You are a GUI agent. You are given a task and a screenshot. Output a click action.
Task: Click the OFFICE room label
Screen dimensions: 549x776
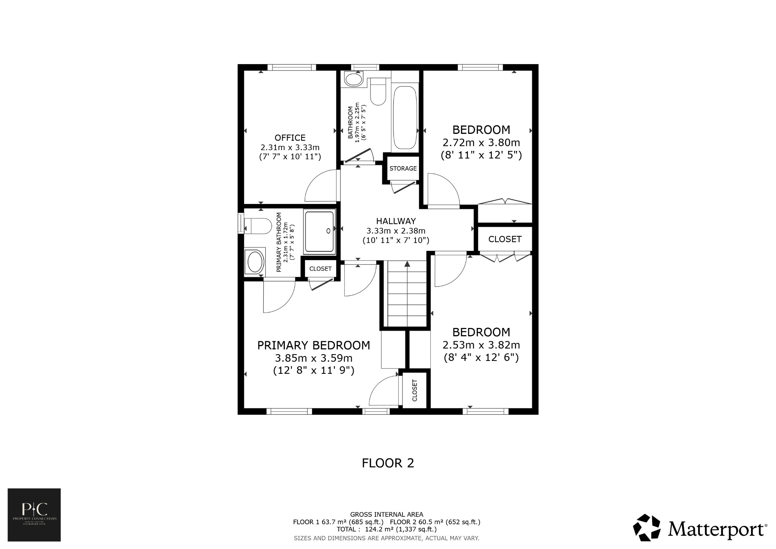click(290, 138)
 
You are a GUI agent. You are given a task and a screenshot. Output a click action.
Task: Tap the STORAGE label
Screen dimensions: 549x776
click(403, 168)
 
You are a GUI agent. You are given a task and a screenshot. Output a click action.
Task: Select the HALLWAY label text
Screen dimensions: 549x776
click(396, 221)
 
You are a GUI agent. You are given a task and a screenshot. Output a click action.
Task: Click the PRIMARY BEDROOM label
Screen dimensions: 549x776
click(313, 345)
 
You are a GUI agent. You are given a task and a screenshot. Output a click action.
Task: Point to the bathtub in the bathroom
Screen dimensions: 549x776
click(405, 118)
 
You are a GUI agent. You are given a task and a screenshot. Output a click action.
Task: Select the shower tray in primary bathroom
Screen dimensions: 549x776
click(319, 232)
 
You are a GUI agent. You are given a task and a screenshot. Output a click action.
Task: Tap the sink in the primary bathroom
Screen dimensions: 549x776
click(254, 262)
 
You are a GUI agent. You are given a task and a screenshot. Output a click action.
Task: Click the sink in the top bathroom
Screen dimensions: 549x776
click(354, 80)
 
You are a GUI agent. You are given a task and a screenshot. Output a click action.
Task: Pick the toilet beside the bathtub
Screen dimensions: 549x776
click(377, 92)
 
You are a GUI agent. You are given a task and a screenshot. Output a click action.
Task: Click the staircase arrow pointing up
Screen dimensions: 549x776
click(407, 264)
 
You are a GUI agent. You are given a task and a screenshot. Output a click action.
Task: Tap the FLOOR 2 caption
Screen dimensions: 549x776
click(388, 463)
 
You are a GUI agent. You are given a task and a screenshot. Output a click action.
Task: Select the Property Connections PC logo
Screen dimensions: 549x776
click(34, 514)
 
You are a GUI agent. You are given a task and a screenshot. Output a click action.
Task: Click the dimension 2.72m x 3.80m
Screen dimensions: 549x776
click(481, 143)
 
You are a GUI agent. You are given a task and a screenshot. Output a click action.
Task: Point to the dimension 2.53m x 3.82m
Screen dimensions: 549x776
click(481, 345)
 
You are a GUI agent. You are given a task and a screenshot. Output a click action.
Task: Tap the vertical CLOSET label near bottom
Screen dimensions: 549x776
click(414, 391)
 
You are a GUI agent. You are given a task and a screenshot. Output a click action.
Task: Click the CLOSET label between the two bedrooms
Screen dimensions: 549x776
click(505, 239)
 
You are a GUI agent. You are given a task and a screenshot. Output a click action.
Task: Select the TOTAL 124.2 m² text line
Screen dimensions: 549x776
click(386, 529)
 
